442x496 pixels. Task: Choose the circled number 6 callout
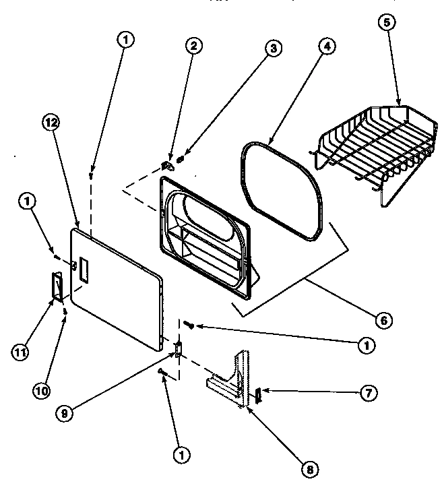pos(382,319)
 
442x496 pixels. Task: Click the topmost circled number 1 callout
pos(125,40)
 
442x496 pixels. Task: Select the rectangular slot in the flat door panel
pos(83,269)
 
